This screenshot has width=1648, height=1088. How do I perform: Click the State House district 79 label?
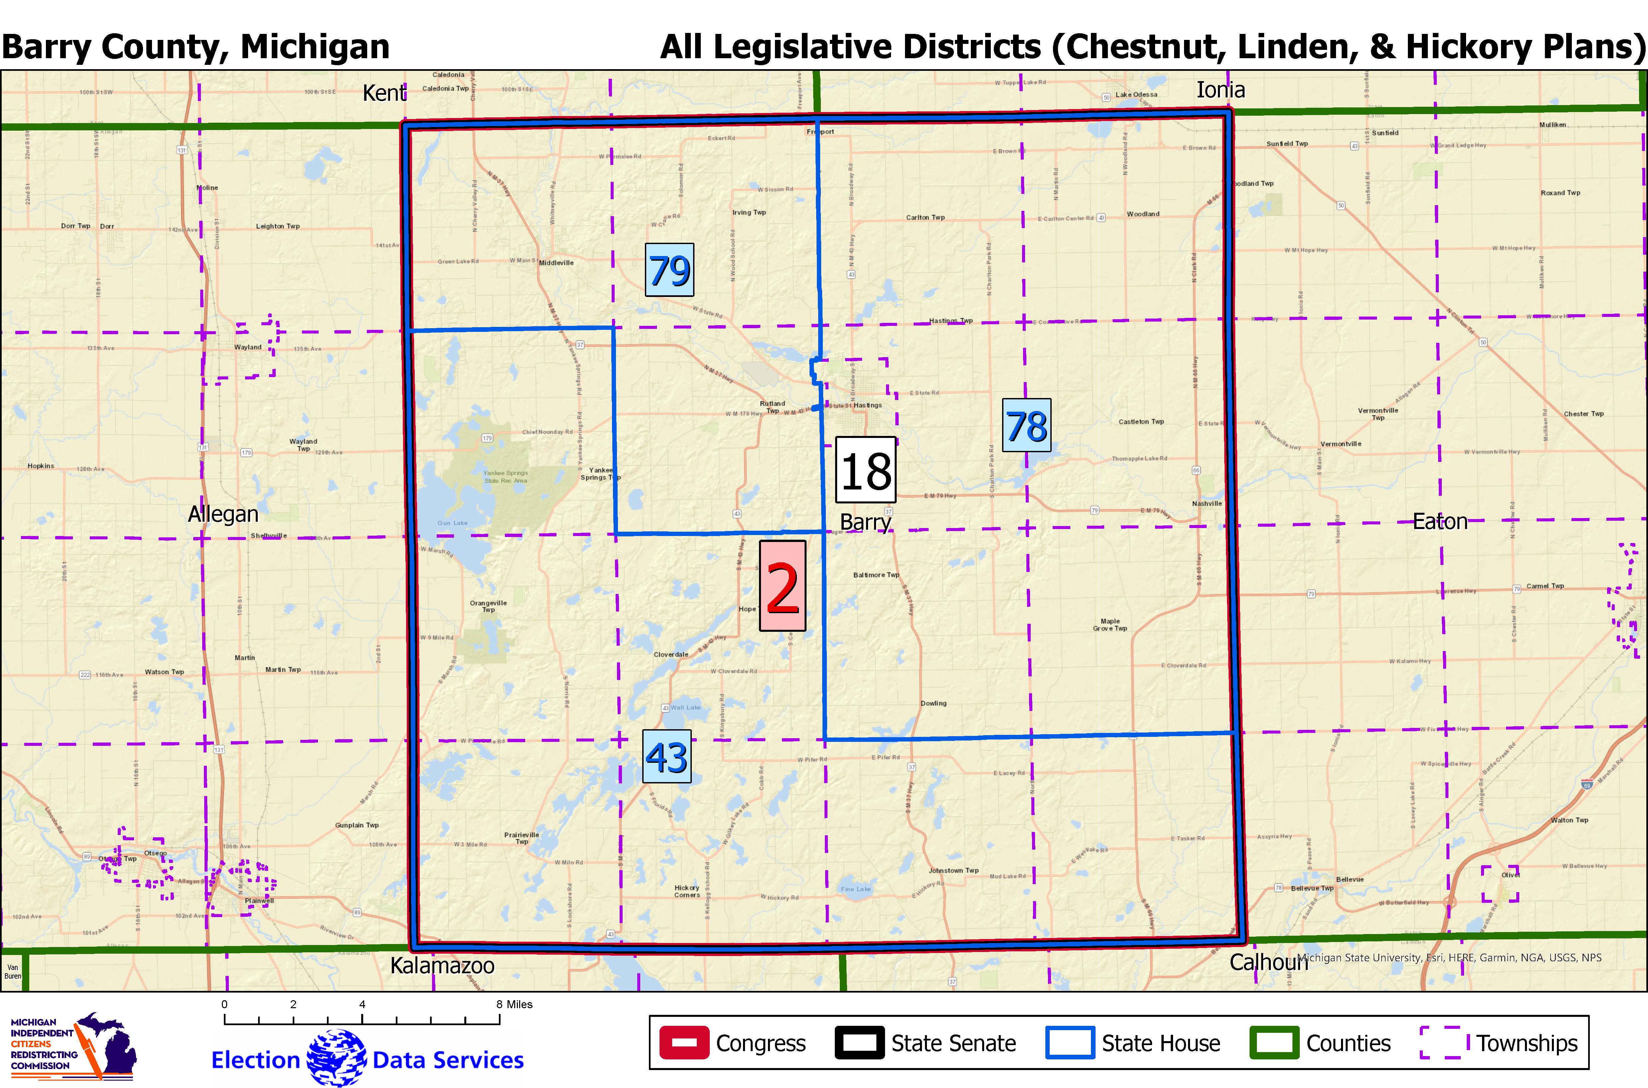click(669, 270)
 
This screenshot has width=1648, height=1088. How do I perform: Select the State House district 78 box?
click(1026, 425)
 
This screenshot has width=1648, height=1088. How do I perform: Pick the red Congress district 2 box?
click(783, 586)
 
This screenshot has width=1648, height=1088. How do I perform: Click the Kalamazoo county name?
click(442, 965)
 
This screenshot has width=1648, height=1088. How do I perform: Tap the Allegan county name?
click(223, 514)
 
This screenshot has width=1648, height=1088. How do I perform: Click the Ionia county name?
click(1221, 89)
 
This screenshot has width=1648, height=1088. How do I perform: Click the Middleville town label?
click(556, 263)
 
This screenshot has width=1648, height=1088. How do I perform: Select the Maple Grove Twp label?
click(1110, 624)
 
